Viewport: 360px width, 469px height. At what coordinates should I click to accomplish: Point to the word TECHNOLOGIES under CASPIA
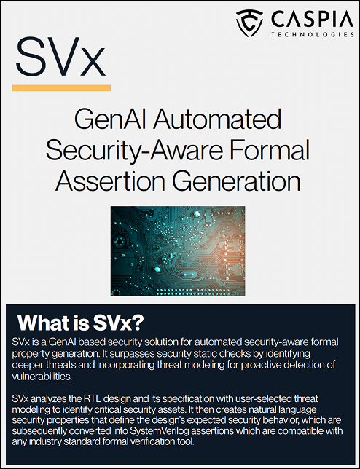[x=305, y=33]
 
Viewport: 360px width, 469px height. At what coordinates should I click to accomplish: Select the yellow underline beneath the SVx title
[x=62, y=88]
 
